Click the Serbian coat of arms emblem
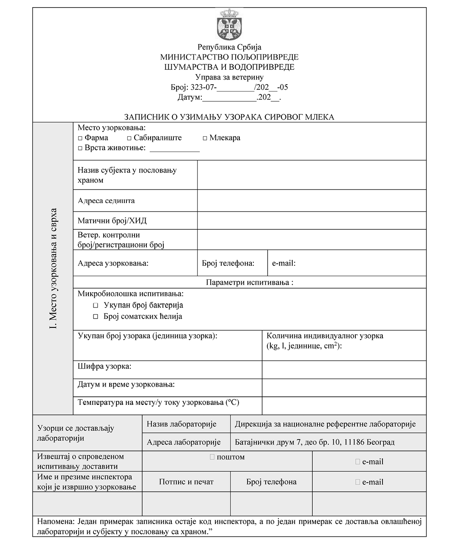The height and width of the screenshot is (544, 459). point(229,25)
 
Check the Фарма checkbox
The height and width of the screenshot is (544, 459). point(80,138)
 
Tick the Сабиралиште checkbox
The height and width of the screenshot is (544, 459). point(129,138)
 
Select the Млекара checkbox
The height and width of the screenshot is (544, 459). point(205,138)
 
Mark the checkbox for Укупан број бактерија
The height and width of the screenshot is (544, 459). point(96,305)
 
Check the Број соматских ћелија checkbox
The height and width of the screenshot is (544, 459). point(96,316)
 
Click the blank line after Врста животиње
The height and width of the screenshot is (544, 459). point(174,149)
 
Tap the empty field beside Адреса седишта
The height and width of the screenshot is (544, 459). point(311,201)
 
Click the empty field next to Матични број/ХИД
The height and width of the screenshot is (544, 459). point(311,220)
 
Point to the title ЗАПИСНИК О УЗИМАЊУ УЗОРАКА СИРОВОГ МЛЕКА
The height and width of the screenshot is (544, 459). point(229,117)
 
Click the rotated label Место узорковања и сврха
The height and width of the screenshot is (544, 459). point(53,269)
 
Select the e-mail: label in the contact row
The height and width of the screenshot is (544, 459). point(283,263)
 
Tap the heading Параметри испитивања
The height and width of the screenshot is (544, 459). point(249,282)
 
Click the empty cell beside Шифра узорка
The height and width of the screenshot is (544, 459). point(344,370)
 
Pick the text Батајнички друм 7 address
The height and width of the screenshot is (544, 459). point(314,442)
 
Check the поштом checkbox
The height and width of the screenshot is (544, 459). point(212,457)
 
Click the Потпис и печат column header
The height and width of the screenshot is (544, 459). point(186,482)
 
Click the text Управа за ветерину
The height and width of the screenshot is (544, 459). point(229,77)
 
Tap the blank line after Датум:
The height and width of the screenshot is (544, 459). point(229,98)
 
